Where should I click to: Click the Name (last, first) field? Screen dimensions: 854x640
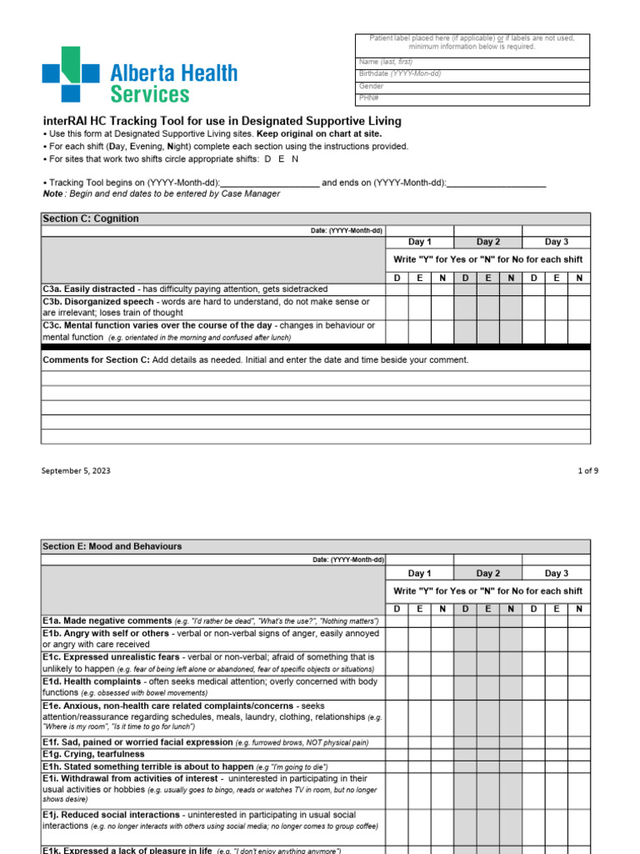[472, 62]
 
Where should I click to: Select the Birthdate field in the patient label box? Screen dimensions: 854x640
[472, 73]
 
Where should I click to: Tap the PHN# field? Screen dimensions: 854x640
[472, 98]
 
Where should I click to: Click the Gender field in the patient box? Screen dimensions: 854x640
[472, 86]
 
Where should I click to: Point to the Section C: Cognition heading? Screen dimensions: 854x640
[91, 219]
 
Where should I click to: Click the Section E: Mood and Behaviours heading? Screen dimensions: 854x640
[112, 546]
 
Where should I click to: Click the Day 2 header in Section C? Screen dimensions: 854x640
[488, 242]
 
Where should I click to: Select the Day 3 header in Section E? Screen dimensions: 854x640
[557, 573]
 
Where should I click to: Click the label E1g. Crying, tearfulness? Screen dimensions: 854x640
[93, 754]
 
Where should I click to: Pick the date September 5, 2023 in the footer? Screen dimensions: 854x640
[76, 470]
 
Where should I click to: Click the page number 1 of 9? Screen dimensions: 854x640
[587, 470]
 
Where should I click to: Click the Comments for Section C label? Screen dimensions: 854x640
[96, 359]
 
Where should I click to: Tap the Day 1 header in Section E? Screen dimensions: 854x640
[420, 573]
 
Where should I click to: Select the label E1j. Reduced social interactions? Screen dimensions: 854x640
[111, 815]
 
